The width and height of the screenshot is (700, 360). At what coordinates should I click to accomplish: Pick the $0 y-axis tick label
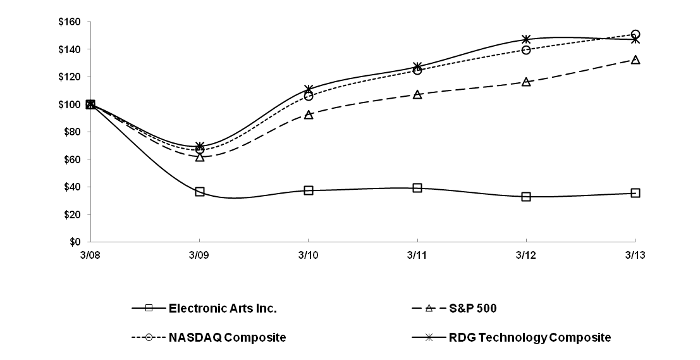coord(75,242)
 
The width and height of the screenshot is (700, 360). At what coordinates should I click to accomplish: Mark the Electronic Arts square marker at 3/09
coord(200,192)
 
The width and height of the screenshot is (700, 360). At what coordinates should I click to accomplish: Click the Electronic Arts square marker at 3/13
coord(635,193)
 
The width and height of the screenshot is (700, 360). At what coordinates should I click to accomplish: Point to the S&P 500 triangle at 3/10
coord(309,115)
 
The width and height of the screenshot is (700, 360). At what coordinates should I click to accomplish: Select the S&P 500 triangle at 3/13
coord(635,59)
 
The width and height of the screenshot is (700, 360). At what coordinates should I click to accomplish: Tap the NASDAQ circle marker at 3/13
coord(635,34)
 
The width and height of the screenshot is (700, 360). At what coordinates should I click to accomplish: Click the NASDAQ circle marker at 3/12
coord(526,49)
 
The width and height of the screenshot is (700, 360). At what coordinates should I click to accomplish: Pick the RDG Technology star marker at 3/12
coord(526,39)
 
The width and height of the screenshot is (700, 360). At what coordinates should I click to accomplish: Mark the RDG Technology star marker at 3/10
coord(309,89)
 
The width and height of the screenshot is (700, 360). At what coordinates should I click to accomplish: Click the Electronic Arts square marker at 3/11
coord(417,188)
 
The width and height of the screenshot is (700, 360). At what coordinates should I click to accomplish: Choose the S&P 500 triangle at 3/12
coord(526,82)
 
